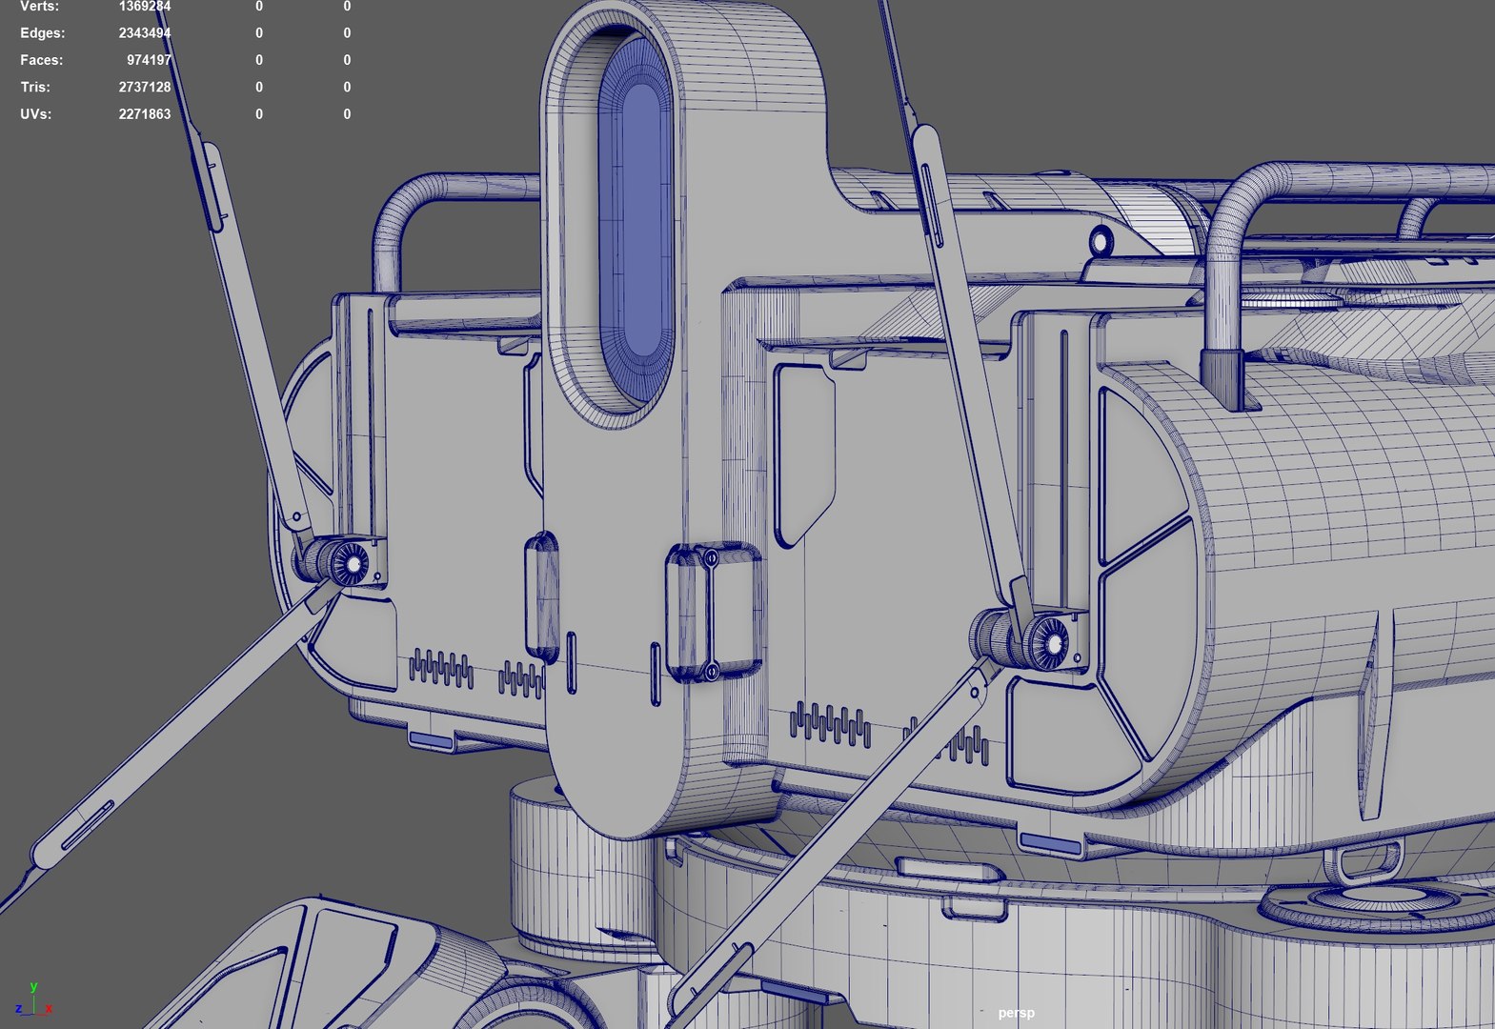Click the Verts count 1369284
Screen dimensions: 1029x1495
pyautogui.click(x=144, y=7)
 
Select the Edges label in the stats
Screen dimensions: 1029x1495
pyautogui.click(x=42, y=33)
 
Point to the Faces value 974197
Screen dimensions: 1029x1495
pyautogui.click(x=149, y=60)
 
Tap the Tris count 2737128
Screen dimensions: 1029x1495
pyautogui.click(x=144, y=87)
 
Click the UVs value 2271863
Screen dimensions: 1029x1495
pyautogui.click(x=144, y=114)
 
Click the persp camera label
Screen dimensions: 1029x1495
pyautogui.click(x=1016, y=1013)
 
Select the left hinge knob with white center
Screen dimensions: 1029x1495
pyautogui.click(x=353, y=565)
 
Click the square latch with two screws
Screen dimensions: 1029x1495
pyautogui.click(x=713, y=613)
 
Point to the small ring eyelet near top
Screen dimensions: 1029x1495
pyautogui.click(x=1101, y=240)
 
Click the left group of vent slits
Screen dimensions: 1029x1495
pyautogui.click(x=441, y=669)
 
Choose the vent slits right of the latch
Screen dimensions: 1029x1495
pyautogui.click(x=830, y=724)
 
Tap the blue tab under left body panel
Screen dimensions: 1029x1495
pyautogui.click(x=431, y=741)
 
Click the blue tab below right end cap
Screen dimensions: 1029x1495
pyautogui.click(x=1049, y=843)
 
